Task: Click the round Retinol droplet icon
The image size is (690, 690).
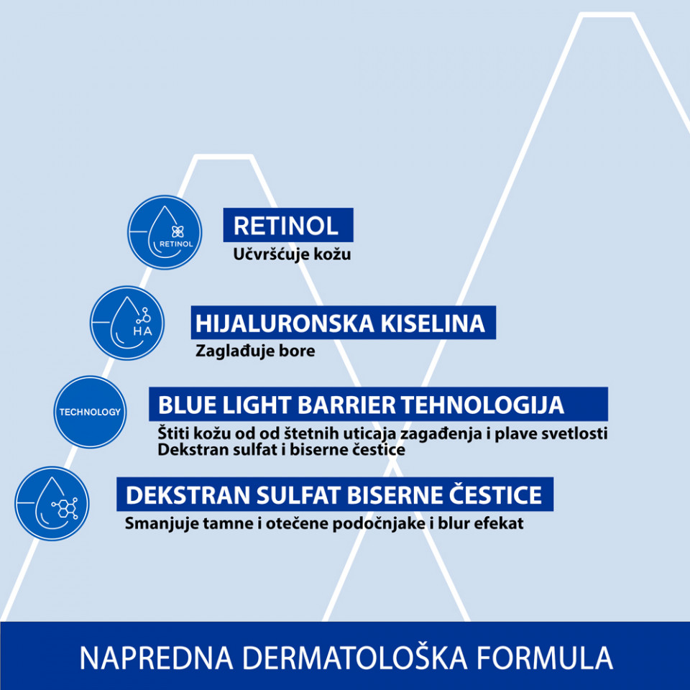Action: tap(165, 232)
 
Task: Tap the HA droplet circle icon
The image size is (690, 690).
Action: tap(127, 323)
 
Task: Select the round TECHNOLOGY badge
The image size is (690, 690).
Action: tap(91, 412)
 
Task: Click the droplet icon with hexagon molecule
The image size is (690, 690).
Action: tap(52, 503)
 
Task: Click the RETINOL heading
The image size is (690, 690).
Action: tap(286, 226)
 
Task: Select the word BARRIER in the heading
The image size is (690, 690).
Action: tap(346, 405)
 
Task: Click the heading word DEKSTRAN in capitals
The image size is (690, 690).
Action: tap(188, 495)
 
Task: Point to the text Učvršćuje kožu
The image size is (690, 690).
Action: tap(293, 254)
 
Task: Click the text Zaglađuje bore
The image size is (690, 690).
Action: tap(255, 351)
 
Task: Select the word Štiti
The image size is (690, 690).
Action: tap(173, 433)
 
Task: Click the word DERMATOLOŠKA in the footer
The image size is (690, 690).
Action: tap(354, 658)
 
